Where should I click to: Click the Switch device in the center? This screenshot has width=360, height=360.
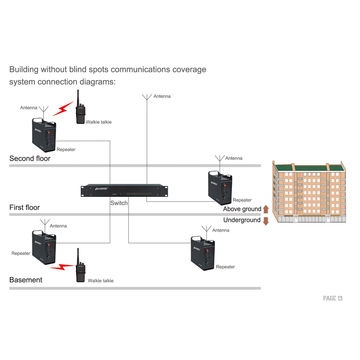122,189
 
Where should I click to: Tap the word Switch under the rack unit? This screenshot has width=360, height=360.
120,203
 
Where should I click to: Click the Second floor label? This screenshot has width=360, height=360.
30,159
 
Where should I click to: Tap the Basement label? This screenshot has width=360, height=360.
26,280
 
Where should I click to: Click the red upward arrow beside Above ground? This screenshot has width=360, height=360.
265,208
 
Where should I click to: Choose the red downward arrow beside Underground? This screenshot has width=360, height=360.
265,220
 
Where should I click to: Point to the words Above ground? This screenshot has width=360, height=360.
241,208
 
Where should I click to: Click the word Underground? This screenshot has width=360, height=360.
241,220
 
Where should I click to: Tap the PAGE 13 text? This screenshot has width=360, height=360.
332,298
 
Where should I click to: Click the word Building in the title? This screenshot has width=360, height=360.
25,70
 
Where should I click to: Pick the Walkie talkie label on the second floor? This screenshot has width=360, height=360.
99,120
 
